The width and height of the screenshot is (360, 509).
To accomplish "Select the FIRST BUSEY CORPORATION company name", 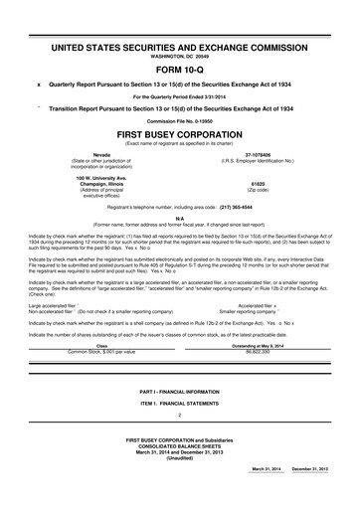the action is pyautogui.click(x=180, y=132).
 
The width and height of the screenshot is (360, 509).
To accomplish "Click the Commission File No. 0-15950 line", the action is pyautogui.click(x=180, y=120).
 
